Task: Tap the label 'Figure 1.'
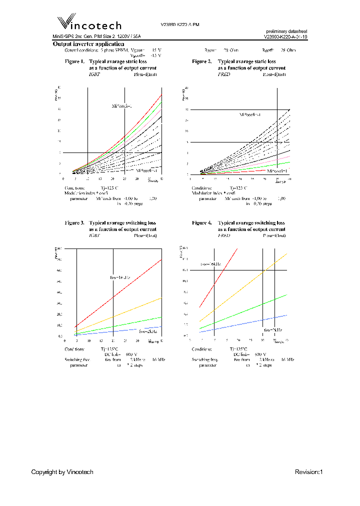click(x=75, y=61)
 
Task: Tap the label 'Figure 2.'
click(x=202, y=61)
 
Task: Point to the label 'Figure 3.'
click(x=75, y=222)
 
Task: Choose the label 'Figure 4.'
click(x=202, y=222)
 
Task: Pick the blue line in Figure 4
click(x=250, y=323)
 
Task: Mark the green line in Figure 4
click(x=250, y=308)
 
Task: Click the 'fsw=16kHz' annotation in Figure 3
click(x=120, y=277)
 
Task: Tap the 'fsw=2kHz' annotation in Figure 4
click(x=270, y=330)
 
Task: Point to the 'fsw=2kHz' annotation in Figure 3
click(x=148, y=331)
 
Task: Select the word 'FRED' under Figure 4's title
click(x=223, y=234)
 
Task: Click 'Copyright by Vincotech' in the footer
click(x=62, y=472)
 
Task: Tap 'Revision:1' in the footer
click(x=309, y=472)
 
